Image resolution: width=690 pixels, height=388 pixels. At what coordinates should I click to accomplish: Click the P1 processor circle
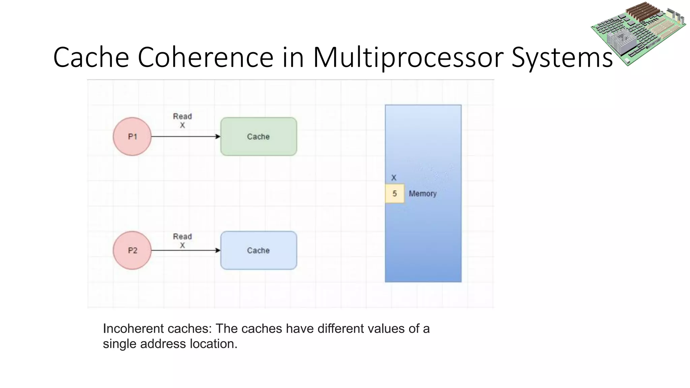(x=132, y=136)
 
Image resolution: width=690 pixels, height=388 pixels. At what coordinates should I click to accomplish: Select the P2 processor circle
(x=132, y=250)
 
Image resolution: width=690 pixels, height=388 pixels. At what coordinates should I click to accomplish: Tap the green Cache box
(x=258, y=136)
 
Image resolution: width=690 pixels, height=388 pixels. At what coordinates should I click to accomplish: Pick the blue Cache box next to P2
(x=258, y=250)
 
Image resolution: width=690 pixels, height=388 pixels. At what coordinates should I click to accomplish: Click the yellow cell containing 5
(x=395, y=194)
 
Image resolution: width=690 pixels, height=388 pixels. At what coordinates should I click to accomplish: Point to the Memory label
(x=422, y=194)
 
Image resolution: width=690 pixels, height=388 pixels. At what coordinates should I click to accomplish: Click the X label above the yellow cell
(x=394, y=177)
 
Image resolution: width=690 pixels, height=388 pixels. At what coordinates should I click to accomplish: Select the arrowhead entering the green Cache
(x=218, y=136)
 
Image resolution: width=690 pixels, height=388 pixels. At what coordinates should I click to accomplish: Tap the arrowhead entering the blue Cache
(x=218, y=250)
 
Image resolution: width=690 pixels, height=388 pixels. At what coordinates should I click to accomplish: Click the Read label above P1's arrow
(x=182, y=116)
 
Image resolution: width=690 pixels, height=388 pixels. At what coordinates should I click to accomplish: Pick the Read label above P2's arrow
(x=182, y=236)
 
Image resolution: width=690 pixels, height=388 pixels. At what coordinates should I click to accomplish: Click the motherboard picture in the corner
(x=638, y=34)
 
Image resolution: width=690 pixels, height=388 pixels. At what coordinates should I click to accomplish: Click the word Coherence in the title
(x=206, y=57)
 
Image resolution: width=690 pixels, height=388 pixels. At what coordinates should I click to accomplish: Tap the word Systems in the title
(x=562, y=57)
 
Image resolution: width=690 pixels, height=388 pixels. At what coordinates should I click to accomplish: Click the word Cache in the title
(x=91, y=57)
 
